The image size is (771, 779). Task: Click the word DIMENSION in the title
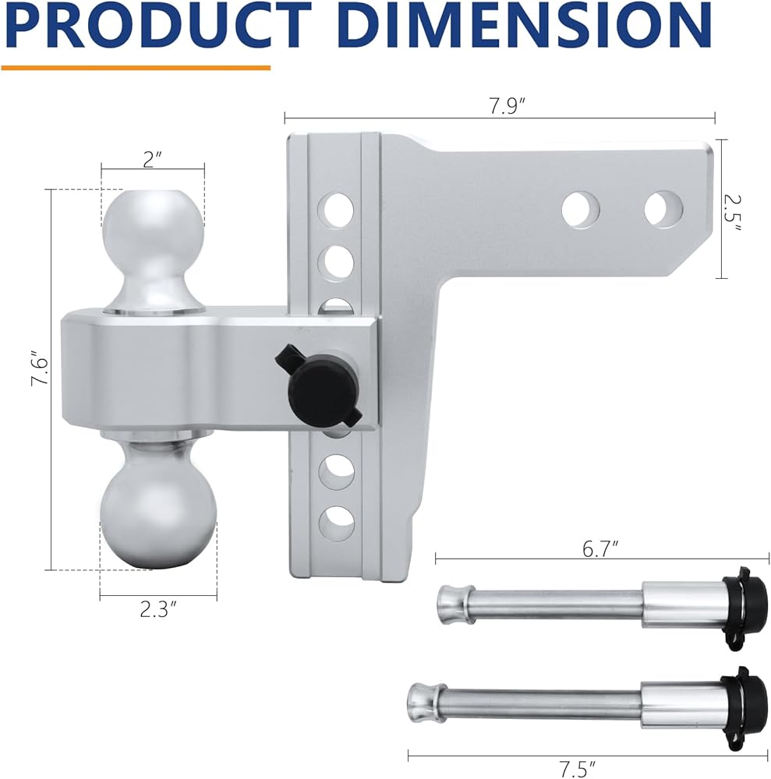[x=528, y=26]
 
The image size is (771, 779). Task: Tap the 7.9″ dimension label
[x=507, y=106]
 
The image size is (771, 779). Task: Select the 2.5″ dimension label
[x=732, y=213]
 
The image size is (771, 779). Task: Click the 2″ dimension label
[x=153, y=160]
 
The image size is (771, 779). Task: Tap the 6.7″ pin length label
[x=600, y=549]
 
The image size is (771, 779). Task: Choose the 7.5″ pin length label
[x=577, y=769]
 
